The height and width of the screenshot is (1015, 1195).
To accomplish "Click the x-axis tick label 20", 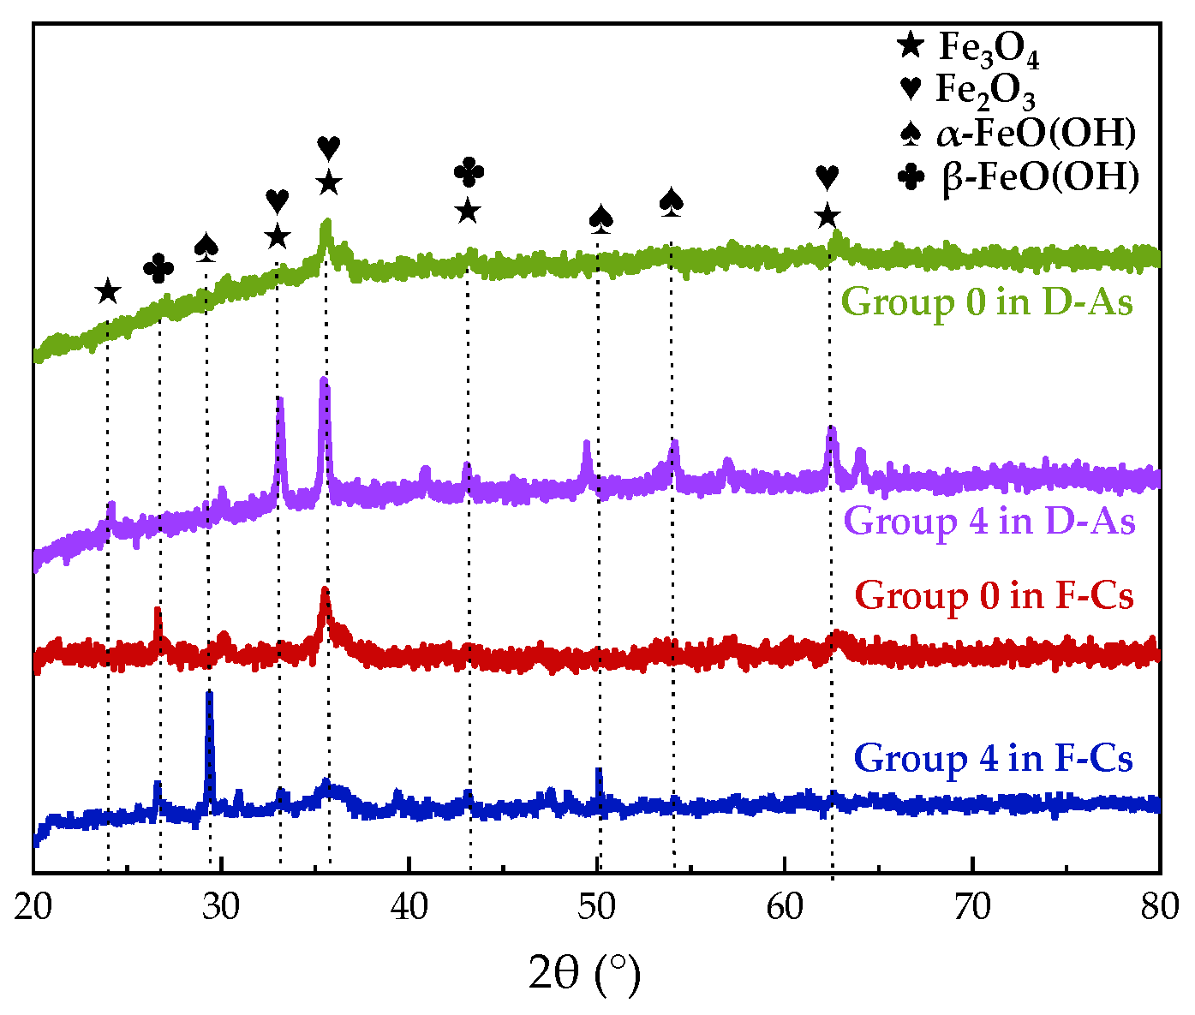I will coord(33,906).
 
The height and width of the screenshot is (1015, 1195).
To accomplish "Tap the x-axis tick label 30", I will coord(221,906).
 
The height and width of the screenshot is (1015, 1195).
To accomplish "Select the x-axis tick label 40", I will coord(409,906).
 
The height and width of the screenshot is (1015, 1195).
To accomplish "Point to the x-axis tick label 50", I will coord(597,906).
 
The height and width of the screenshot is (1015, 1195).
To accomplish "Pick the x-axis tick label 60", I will coord(785,906).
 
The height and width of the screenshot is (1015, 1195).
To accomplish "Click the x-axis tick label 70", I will coord(972,906).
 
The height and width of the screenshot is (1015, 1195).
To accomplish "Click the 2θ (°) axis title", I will coord(585,975).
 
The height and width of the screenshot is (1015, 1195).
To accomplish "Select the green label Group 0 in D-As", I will coord(988,302).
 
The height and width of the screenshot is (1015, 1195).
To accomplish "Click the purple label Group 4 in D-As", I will coord(989,521).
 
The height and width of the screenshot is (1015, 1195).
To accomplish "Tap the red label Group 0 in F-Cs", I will coord(995,595).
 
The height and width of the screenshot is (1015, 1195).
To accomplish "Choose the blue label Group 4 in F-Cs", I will coord(994,758).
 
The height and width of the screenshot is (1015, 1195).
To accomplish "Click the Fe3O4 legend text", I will coord(989,48).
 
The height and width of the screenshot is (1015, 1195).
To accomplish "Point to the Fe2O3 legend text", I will coord(985,90).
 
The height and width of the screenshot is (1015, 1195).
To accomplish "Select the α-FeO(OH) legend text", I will coord(1036,134).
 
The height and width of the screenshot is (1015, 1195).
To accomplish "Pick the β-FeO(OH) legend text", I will coord(1040,178).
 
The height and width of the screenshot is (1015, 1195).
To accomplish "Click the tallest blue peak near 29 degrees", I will coord(209,696).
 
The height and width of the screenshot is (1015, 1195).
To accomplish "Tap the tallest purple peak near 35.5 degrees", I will coord(324,381).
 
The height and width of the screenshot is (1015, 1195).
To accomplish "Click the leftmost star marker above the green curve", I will coord(107,292).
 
